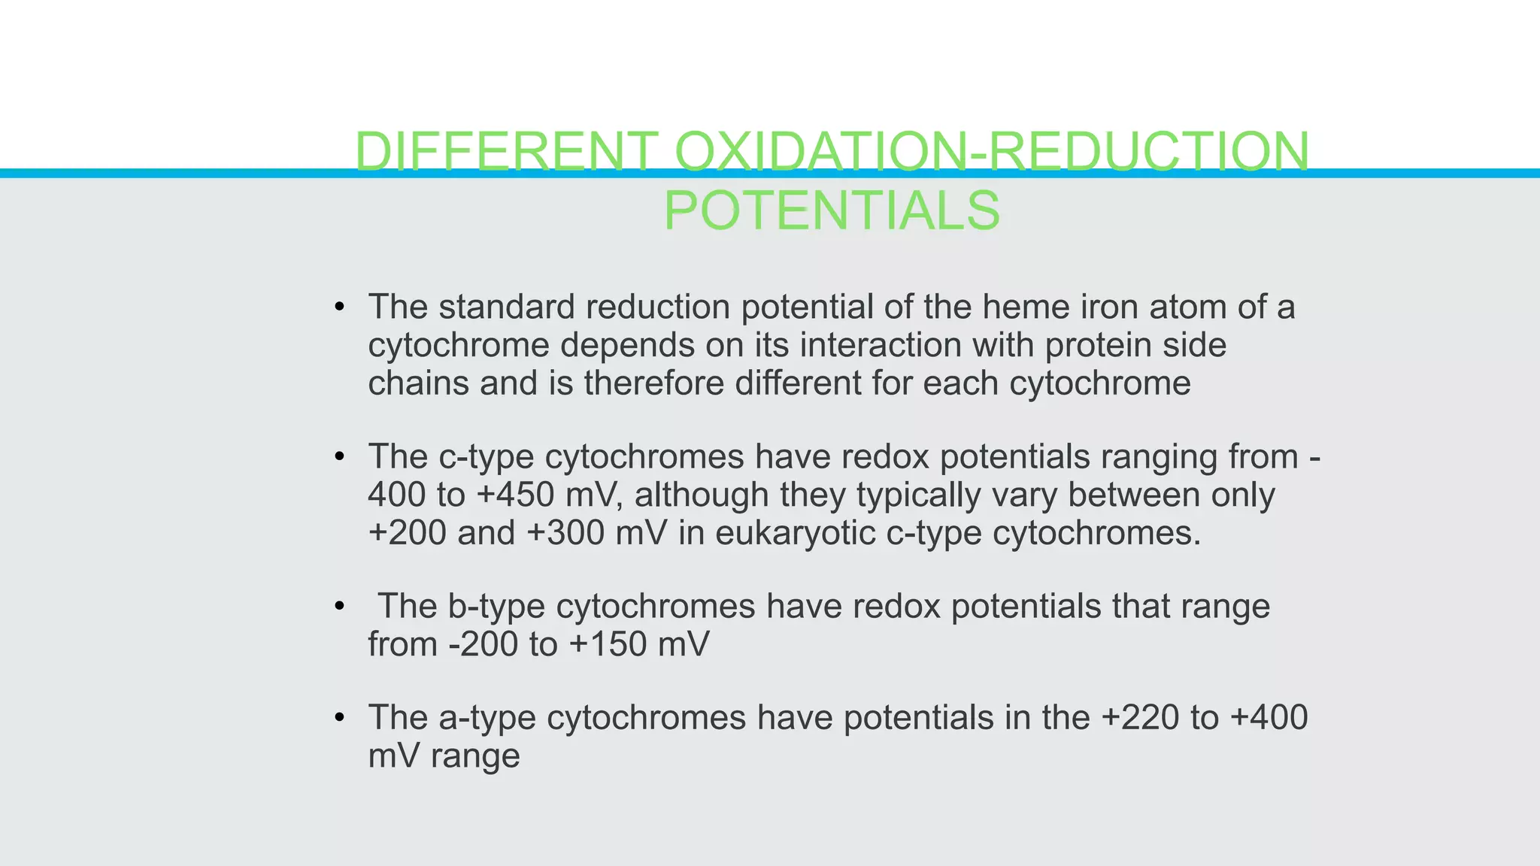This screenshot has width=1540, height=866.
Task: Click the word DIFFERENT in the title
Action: click(x=506, y=151)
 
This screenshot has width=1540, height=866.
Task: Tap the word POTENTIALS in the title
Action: click(x=832, y=210)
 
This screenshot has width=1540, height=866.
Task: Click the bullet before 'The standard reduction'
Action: click(x=340, y=307)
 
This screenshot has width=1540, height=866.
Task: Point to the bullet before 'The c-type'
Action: click(x=340, y=457)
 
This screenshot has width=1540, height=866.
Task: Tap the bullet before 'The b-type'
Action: click(x=340, y=606)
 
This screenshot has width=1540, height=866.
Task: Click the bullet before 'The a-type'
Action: click(x=340, y=718)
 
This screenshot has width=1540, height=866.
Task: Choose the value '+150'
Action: click(x=608, y=644)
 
